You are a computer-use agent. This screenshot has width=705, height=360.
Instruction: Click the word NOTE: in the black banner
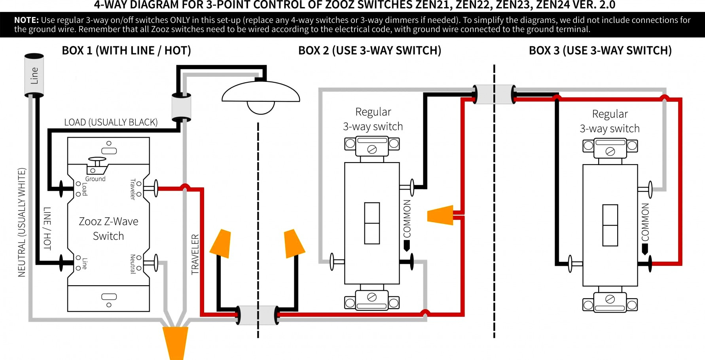point(27,20)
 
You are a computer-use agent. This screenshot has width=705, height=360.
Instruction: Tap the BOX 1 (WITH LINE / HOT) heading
point(126,51)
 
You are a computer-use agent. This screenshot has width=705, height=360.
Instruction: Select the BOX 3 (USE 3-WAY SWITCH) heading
point(600,51)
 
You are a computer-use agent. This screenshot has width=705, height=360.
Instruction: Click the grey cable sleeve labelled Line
point(34,75)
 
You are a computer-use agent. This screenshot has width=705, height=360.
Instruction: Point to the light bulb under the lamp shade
point(261,107)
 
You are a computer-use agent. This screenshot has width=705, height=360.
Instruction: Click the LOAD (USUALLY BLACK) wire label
point(111,122)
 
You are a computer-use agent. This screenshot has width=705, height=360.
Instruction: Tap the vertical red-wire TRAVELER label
point(195,254)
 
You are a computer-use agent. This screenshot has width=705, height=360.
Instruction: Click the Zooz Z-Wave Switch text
point(108,229)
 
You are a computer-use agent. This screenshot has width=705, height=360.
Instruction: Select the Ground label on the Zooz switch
point(95,179)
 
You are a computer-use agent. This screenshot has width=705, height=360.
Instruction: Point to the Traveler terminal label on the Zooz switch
point(133,189)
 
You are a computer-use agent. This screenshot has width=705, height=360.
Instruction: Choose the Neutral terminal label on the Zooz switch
point(133,264)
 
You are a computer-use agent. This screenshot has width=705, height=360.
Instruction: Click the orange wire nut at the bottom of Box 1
point(175,342)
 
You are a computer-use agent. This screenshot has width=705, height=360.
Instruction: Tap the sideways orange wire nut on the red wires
point(441,215)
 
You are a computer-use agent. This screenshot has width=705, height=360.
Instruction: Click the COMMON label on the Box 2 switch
point(407,218)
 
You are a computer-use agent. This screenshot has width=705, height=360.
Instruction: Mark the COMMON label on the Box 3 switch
point(645,222)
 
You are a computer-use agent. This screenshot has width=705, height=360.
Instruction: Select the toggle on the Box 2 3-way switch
point(372,223)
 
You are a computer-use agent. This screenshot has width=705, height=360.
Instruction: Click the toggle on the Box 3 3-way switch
point(610,225)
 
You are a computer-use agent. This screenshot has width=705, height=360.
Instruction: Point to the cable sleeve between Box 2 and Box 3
point(495,94)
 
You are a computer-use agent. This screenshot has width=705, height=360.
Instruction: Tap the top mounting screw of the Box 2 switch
point(372,150)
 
